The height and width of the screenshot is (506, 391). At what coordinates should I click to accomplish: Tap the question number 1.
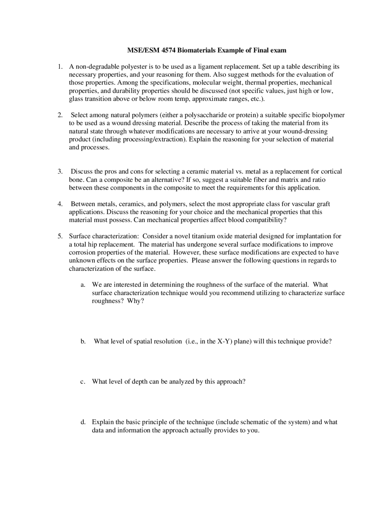pyautogui.click(x=60, y=67)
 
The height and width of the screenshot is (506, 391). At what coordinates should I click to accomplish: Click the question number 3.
pyautogui.click(x=60, y=171)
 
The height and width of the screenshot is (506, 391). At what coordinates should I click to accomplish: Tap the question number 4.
pyautogui.click(x=60, y=204)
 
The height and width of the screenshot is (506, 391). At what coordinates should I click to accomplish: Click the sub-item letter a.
pyautogui.click(x=82, y=285)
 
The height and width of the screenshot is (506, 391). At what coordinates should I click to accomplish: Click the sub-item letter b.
pyautogui.click(x=83, y=341)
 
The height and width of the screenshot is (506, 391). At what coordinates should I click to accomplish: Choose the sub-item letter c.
pyautogui.click(x=82, y=382)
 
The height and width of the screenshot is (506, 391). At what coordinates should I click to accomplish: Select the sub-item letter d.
pyautogui.click(x=83, y=422)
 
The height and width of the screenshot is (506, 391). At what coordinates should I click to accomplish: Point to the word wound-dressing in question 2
pyautogui.click(x=307, y=131)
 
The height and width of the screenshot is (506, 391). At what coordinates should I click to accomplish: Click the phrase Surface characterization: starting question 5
pyautogui.click(x=104, y=236)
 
